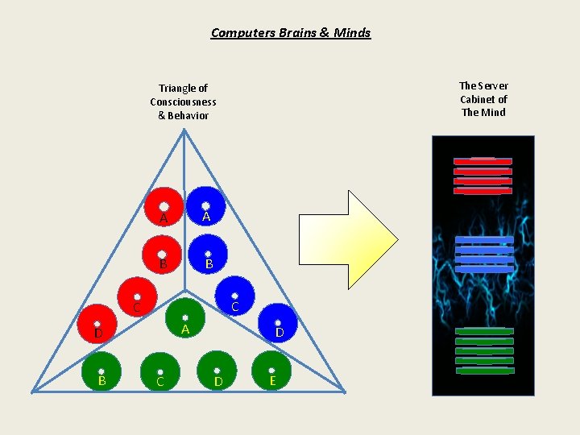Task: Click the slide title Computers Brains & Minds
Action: click(x=291, y=33)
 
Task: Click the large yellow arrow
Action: click(x=349, y=239)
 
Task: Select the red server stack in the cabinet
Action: click(x=483, y=176)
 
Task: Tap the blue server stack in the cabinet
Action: click(x=484, y=254)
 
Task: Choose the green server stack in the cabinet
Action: click(x=484, y=350)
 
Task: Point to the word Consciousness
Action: click(x=183, y=102)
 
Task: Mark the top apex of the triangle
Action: click(x=184, y=130)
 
